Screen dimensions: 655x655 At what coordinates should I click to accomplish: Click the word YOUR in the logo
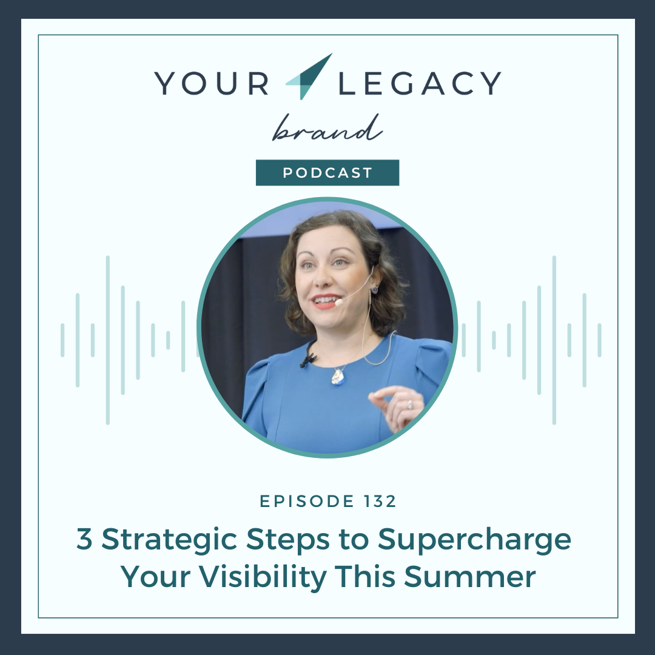pyautogui.click(x=212, y=83)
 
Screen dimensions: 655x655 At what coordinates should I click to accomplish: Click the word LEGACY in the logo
pyautogui.click(x=420, y=83)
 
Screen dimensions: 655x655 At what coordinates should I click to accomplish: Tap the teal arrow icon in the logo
pyautogui.click(x=309, y=76)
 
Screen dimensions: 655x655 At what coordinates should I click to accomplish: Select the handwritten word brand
pyautogui.click(x=327, y=128)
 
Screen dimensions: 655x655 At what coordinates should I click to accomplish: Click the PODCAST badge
pyautogui.click(x=327, y=172)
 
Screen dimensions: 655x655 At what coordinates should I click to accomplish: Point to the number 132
pyautogui.click(x=380, y=501)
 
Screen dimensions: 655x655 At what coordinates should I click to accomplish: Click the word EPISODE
pyautogui.click(x=307, y=501)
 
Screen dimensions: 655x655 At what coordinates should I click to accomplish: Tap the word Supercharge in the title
pyautogui.click(x=474, y=540)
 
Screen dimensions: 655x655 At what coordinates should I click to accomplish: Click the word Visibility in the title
pyautogui.click(x=262, y=577)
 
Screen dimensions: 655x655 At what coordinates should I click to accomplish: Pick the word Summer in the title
pyautogui.click(x=470, y=577)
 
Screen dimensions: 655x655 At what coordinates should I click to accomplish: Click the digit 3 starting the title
pyautogui.click(x=84, y=539)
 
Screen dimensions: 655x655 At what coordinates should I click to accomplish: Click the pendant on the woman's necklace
pyautogui.click(x=338, y=377)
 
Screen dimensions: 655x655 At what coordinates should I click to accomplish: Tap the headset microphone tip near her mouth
pyautogui.click(x=339, y=301)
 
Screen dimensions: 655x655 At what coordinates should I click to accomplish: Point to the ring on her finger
pyautogui.click(x=410, y=405)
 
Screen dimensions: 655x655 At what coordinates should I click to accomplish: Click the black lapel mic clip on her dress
pyautogui.click(x=308, y=358)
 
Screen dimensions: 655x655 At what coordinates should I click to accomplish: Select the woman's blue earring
pyautogui.click(x=374, y=288)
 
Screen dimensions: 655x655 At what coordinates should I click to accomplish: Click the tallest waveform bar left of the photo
pyautogui.click(x=108, y=340)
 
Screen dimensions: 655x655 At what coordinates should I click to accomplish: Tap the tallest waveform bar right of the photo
pyautogui.click(x=554, y=340)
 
